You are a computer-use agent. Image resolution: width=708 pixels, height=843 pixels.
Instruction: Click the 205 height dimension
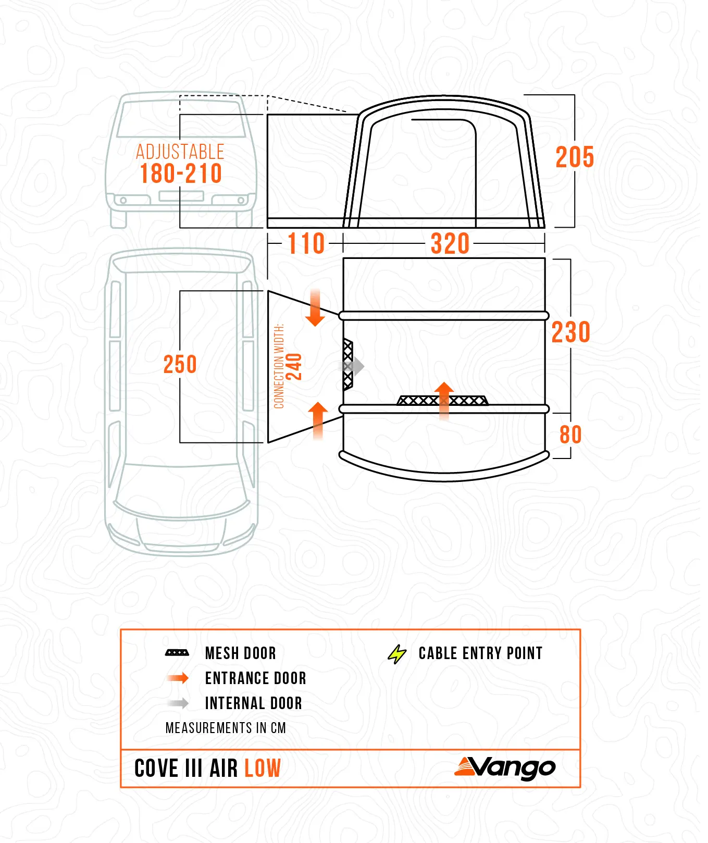pos(575,157)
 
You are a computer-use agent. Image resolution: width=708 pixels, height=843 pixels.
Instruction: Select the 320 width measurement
pos(450,244)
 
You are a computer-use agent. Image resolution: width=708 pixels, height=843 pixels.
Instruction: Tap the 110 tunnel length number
pos(306,244)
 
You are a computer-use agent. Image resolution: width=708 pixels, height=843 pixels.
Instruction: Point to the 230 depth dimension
pos(571,332)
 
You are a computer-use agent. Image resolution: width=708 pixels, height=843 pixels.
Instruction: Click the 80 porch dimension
pos(570,435)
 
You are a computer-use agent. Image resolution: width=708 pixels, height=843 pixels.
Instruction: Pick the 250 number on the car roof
pos(180,364)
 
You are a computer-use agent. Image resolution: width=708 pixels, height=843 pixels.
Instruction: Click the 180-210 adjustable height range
pos(181,173)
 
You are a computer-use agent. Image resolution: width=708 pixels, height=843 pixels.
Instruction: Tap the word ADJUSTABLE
pos(180,152)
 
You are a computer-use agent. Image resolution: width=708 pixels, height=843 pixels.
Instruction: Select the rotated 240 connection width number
pos(294,367)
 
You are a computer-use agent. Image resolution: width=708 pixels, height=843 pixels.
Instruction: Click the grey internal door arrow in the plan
pos(353,367)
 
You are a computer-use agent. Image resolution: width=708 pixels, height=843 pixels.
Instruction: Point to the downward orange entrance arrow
pos(315,307)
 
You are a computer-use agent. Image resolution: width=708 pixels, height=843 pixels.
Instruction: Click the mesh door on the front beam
pos(443,400)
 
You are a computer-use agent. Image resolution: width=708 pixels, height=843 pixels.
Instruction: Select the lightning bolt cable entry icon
pos(397,654)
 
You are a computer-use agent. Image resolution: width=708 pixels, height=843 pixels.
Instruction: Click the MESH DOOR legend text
pos(241,653)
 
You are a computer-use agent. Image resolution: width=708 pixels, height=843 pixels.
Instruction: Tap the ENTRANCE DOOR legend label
pos(256,678)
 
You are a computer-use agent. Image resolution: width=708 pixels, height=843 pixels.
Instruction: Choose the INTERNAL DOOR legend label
pos(254,703)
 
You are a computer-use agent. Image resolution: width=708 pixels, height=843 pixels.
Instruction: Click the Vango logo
pos(505,768)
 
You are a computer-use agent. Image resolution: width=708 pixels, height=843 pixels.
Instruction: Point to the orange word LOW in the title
pos(263,768)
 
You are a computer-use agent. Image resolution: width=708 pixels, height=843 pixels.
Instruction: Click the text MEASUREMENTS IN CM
pos(226,728)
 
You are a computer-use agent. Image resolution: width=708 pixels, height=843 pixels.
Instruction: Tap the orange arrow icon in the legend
pos(178,678)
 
